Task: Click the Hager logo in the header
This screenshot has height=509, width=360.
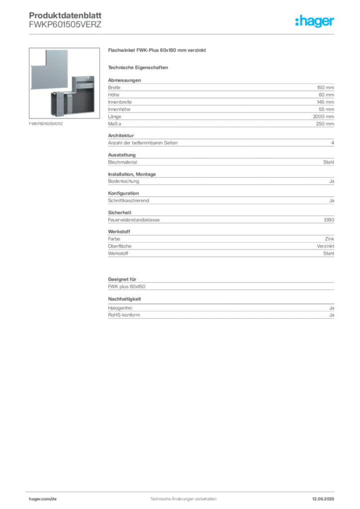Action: (x=315, y=21)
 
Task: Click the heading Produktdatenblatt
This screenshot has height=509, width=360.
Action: (x=65, y=15)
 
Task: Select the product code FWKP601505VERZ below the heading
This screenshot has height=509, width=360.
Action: (x=65, y=24)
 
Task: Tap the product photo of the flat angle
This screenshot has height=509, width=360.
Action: (x=64, y=83)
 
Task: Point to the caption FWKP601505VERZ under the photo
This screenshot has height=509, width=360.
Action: (x=46, y=124)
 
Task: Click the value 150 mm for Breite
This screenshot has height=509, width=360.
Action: (x=325, y=87)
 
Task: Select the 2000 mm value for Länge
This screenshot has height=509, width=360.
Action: (x=323, y=116)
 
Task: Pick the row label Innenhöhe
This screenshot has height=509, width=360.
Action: (x=119, y=109)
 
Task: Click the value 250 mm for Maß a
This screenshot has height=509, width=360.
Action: (x=325, y=124)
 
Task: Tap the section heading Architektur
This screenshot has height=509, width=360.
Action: (x=121, y=135)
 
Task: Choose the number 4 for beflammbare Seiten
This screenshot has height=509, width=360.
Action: (x=333, y=143)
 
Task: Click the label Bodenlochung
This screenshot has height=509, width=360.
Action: (x=123, y=181)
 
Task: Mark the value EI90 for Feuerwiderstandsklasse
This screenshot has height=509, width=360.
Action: (x=329, y=220)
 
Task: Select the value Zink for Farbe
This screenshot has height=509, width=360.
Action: (x=330, y=239)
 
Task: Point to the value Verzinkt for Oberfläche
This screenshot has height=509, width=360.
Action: (x=326, y=246)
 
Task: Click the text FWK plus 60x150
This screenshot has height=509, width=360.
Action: (x=127, y=286)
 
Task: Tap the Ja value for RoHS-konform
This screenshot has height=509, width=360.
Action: (x=332, y=315)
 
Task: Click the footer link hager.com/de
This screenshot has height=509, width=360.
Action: (x=43, y=499)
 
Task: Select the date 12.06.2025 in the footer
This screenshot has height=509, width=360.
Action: (x=323, y=499)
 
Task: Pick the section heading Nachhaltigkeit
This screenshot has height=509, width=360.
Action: (x=124, y=299)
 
